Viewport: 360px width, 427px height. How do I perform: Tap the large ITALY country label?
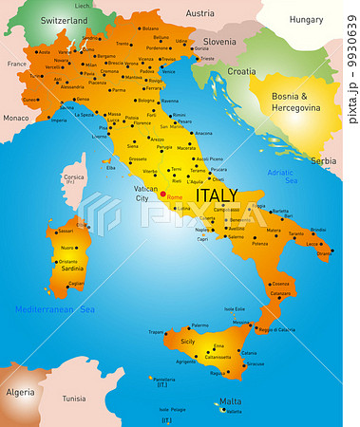pyautogui.click(x=217, y=195)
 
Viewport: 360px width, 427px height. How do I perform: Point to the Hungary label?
pyautogui.click(x=306, y=19)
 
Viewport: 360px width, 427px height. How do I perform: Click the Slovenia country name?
pyautogui.click(x=220, y=42)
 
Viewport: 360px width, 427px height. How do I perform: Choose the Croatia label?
pyautogui.click(x=242, y=71)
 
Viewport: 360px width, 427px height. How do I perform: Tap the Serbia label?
pyautogui.click(x=324, y=161)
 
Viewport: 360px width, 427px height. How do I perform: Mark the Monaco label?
pyautogui.click(x=16, y=119)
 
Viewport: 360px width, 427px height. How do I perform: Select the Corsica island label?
pyautogui.click(x=74, y=176)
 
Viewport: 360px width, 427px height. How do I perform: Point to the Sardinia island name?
pyautogui.click(x=73, y=269)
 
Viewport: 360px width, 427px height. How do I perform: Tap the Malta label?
pyautogui.click(x=230, y=401)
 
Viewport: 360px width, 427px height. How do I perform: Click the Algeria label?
pyautogui.click(x=21, y=392)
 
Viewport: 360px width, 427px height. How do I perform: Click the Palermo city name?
pyautogui.click(x=199, y=325)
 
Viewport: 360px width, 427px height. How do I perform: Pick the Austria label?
pyautogui.click(x=199, y=13)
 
